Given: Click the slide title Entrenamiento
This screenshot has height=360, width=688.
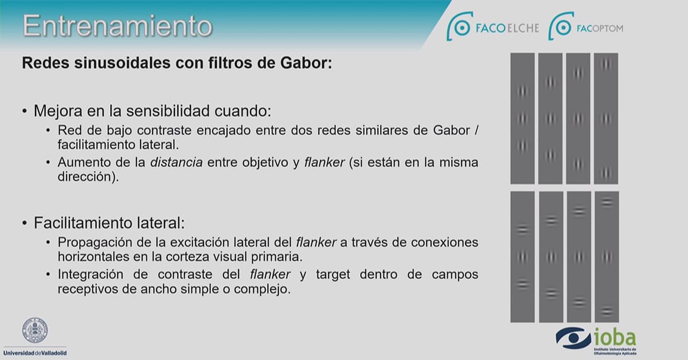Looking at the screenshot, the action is [118, 26].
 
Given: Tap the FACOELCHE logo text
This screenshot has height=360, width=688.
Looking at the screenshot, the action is [507, 28].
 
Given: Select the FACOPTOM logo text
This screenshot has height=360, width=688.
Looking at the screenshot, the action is [600, 29].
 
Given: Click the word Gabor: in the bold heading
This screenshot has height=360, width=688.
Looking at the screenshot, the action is [306, 63].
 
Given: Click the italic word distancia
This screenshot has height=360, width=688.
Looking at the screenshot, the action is [177, 162].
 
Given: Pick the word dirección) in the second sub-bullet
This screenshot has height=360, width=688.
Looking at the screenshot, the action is [88, 177].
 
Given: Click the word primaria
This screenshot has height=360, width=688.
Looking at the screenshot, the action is [277, 257].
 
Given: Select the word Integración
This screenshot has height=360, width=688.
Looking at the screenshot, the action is [91, 275].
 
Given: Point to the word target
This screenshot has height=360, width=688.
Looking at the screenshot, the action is [333, 275].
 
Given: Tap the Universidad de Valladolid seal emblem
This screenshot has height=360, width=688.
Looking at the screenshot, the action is [35, 331].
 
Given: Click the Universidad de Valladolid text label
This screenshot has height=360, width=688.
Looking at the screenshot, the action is [35, 353].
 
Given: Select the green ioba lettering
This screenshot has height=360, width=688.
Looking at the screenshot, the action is [615, 337].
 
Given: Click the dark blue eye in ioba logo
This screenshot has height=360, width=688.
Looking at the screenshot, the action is [573, 337].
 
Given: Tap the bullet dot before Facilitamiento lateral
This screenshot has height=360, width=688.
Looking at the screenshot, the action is [25, 223].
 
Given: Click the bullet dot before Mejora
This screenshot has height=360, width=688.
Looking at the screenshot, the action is [25, 111].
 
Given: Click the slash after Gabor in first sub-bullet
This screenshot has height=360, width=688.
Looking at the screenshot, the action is [476, 131].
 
